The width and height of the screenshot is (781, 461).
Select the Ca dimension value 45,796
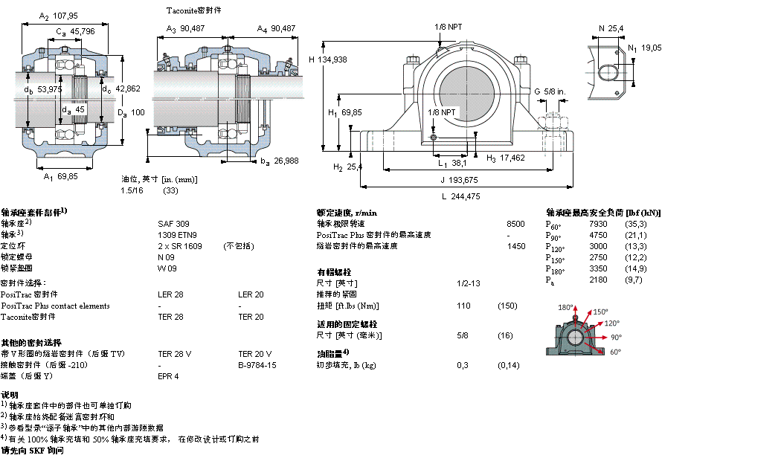point(83,31)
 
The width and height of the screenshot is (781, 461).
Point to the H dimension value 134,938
point(333,59)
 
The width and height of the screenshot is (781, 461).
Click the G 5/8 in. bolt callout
point(554,91)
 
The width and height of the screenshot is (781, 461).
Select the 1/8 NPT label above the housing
point(449,27)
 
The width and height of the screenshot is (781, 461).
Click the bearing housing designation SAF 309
point(173,223)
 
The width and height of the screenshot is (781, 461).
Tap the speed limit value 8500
point(515,223)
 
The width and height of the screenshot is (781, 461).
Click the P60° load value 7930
point(598,223)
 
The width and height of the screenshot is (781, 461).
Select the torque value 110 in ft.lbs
point(463,306)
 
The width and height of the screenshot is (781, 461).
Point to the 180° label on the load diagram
point(567,307)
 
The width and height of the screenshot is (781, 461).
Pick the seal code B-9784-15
point(257,365)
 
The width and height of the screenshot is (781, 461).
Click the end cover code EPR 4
point(168,376)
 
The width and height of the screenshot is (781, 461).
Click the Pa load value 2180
point(598,280)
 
